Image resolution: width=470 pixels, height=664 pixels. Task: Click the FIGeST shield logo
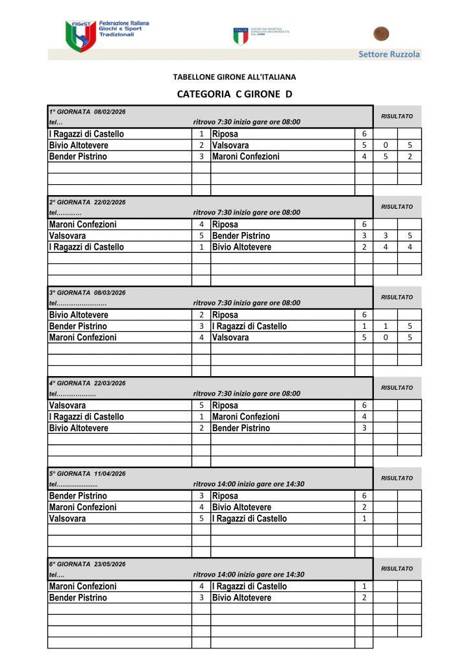point(80,36)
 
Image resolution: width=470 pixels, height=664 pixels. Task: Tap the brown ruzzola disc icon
point(381,33)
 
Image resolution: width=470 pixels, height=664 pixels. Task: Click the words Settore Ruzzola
point(389,54)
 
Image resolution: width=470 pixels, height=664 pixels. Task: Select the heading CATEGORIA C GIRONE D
point(234,94)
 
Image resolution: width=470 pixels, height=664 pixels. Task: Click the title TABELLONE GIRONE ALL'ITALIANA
point(234,77)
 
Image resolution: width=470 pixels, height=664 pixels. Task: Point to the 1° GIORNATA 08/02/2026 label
point(88,112)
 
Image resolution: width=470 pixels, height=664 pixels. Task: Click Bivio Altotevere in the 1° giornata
point(79,145)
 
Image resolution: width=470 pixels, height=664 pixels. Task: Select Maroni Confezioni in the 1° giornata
point(245,156)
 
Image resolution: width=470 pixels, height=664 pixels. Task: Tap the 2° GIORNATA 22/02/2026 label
point(88,202)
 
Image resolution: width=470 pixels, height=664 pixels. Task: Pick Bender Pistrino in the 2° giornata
point(241,235)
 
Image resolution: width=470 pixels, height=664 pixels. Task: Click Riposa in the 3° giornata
point(225,315)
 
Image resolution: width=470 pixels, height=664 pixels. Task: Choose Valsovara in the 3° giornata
point(230,337)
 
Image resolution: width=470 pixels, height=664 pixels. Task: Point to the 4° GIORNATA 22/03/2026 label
point(88,383)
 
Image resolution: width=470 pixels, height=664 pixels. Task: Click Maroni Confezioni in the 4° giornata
point(245,416)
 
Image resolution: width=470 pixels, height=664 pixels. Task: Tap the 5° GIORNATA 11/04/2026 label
point(88,473)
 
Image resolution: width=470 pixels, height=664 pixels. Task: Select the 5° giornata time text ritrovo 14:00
point(249,484)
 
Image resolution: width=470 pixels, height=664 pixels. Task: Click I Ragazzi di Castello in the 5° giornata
point(249,518)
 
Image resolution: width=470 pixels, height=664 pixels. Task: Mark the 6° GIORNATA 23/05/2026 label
point(88,564)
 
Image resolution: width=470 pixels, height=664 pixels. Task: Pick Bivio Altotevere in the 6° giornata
point(241,597)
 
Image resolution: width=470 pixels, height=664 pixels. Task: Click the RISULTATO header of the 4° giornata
point(397,388)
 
